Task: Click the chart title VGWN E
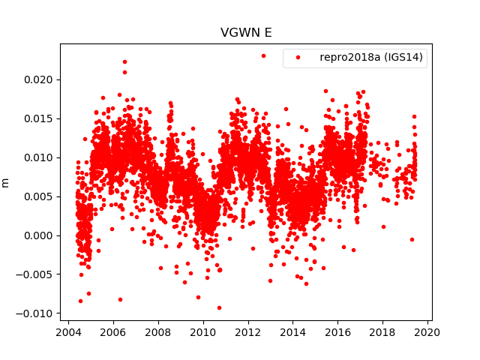click(245, 33)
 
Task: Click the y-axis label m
click(6, 182)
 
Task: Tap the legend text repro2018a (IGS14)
click(371, 58)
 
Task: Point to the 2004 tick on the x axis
click(68, 333)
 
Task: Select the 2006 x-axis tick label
click(113, 333)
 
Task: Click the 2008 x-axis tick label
click(158, 333)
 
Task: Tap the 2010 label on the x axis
click(202, 333)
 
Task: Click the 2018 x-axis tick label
click(382, 333)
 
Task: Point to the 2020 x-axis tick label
click(427, 333)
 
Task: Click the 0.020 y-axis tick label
click(40, 79)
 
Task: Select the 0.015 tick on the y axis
click(40, 118)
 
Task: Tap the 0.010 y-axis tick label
click(40, 157)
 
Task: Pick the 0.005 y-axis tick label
click(40, 196)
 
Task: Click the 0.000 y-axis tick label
click(40, 235)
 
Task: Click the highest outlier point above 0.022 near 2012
click(263, 55)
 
